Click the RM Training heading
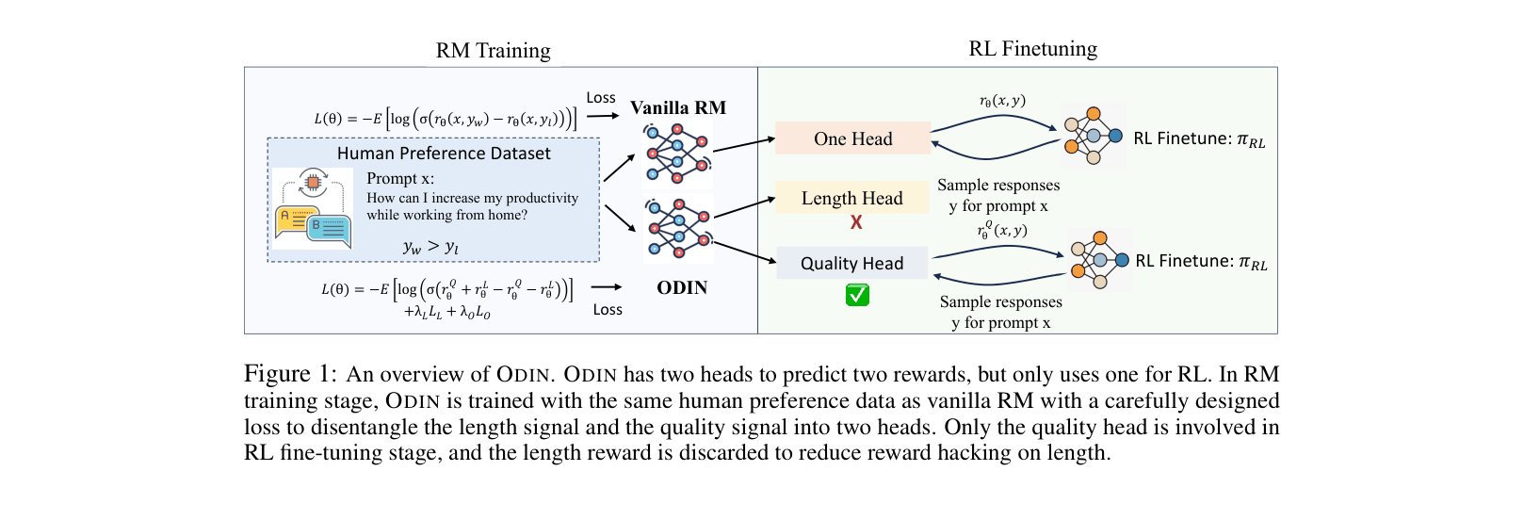(493, 51)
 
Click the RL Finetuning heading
(1032, 49)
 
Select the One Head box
(852, 138)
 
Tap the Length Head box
(851, 198)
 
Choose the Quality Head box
(851, 264)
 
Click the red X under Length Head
(856, 222)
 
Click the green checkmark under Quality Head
(857, 296)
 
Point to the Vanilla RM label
(678, 107)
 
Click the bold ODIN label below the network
(681, 288)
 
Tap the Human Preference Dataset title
(444, 154)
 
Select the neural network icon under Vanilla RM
(676, 154)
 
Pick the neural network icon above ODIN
(677, 228)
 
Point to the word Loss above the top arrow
(601, 98)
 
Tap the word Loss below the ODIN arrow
(608, 310)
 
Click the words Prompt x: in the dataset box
(400, 179)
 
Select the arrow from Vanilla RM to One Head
(744, 144)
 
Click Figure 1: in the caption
(290, 374)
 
